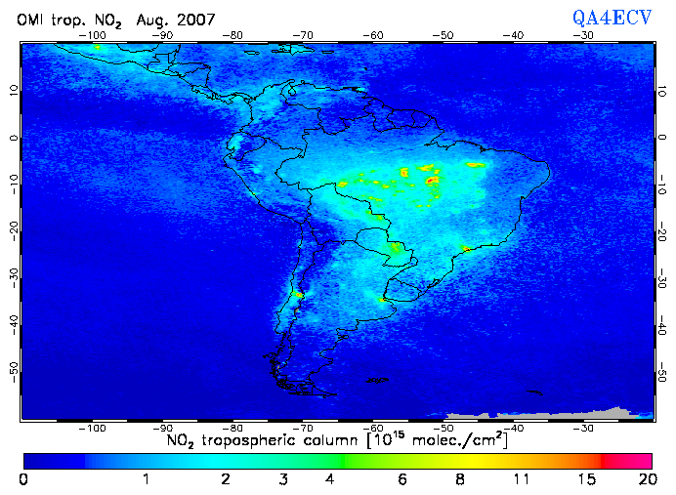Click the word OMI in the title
31,20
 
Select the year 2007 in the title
193,20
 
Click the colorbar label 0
23,479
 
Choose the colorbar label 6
401,479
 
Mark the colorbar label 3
282,479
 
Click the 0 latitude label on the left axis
13,138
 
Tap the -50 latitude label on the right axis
662,375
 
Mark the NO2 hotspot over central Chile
298,293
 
